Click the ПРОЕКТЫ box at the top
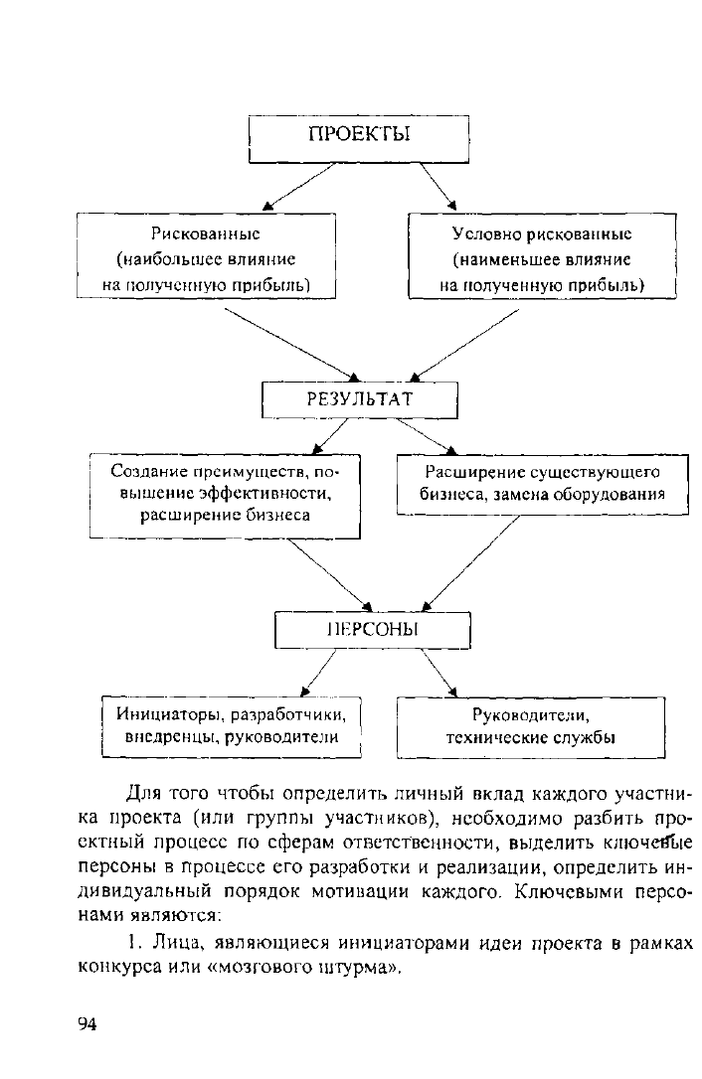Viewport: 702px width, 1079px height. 359,139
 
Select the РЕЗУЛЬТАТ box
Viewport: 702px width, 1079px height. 360,399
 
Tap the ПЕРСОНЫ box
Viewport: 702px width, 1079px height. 373,630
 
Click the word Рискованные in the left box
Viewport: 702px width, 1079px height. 206,233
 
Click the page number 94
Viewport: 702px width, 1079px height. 88,1024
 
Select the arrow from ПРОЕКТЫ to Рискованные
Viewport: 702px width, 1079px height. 299,186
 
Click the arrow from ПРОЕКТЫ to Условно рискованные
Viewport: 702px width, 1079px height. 439,186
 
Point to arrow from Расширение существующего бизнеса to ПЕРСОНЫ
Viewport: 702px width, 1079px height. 470,563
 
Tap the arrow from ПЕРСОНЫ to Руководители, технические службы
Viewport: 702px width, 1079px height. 439,673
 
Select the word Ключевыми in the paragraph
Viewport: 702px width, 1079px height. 569,892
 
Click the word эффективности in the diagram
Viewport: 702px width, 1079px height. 263,494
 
